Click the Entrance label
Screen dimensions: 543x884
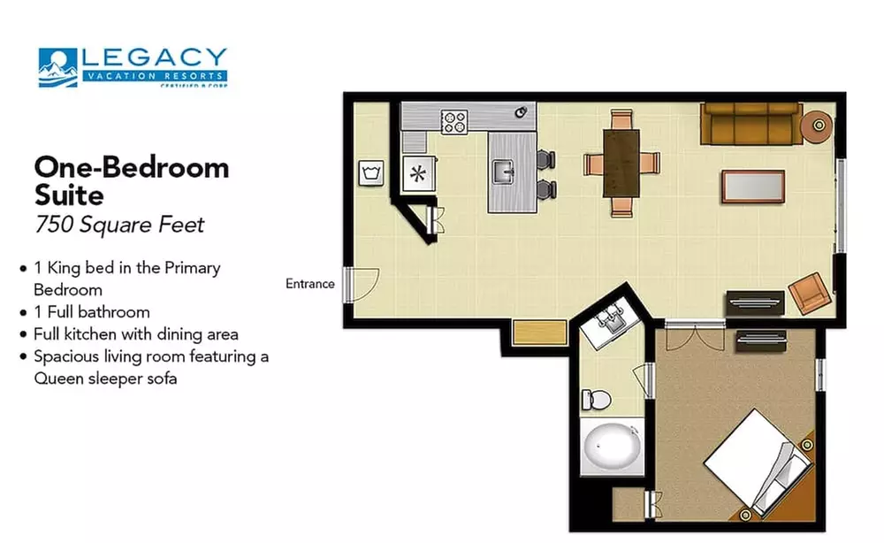309,284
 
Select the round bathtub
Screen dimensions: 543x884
611,447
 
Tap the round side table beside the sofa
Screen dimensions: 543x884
817,126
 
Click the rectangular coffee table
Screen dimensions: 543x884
752,186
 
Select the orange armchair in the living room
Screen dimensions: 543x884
808,294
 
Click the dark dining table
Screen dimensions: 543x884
621,163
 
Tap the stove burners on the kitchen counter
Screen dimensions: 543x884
454,121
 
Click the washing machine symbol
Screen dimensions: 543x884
370,172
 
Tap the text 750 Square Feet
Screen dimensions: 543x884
119,225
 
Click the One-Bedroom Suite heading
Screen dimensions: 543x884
131,180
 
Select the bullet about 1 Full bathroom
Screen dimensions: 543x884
91,312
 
